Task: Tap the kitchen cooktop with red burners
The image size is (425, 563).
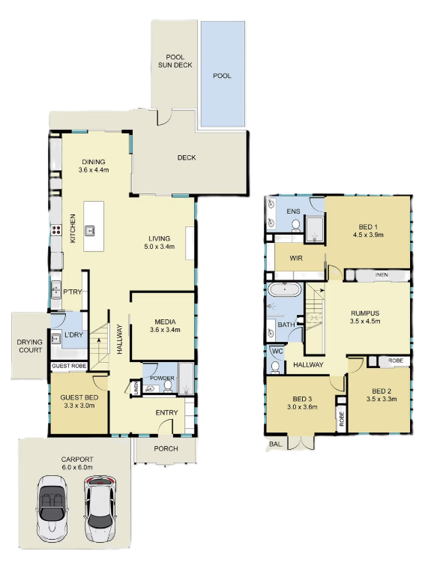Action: pyautogui.click(x=56, y=230)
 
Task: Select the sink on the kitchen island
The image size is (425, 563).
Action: pyautogui.click(x=90, y=231)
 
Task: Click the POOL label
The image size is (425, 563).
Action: pyautogui.click(x=222, y=76)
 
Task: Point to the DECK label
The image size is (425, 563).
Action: pyautogui.click(x=187, y=157)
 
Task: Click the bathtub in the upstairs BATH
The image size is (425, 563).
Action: pyautogui.click(x=284, y=289)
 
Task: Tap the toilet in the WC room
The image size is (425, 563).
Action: pyautogui.click(x=275, y=367)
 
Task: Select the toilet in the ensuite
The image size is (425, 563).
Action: pyautogui.click(x=295, y=225)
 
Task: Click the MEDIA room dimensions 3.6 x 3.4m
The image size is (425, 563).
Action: pyautogui.click(x=165, y=329)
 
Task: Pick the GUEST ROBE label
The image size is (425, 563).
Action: pyautogui.click(x=69, y=366)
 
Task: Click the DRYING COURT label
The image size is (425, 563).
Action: pyautogui.click(x=29, y=346)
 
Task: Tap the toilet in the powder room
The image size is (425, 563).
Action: pyautogui.click(x=167, y=386)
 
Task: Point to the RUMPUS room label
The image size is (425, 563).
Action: pyautogui.click(x=365, y=313)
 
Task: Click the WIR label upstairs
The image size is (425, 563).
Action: pyautogui.click(x=296, y=258)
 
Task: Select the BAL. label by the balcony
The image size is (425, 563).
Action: pyautogui.click(x=276, y=444)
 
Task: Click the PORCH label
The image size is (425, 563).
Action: pyautogui.click(x=166, y=448)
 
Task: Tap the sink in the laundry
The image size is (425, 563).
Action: pyautogui.click(x=55, y=338)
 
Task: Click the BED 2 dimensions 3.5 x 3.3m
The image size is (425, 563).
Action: pyautogui.click(x=382, y=399)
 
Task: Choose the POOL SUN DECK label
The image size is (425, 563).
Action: pyautogui.click(x=175, y=61)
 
